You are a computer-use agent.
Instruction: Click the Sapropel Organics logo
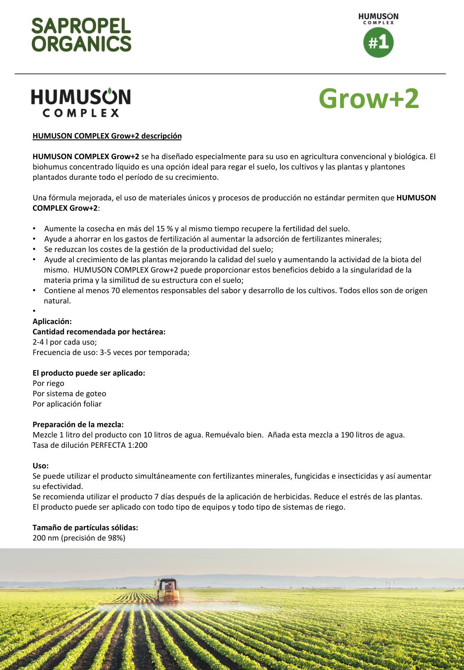tap(81, 35)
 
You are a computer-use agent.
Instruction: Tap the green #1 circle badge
tap(378, 43)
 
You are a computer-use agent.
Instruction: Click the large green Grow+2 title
tap(369, 99)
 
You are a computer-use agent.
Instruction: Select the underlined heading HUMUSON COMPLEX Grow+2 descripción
tap(107, 136)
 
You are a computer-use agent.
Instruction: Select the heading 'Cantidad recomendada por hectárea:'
tap(99, 332)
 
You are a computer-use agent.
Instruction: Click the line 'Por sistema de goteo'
tap(69, 394)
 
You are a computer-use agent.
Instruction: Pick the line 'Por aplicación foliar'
tap(67, 404)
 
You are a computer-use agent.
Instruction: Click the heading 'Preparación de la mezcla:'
tap(78, 425)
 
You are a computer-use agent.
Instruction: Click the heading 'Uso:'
tap(40, 466)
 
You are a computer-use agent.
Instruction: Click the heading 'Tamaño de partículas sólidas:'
tap(85, 528)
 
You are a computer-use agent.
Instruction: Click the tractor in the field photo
tap(168, 591)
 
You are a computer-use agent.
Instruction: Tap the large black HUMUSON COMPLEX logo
tap(81, 103)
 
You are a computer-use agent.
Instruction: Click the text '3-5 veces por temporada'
tap(144, 353)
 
